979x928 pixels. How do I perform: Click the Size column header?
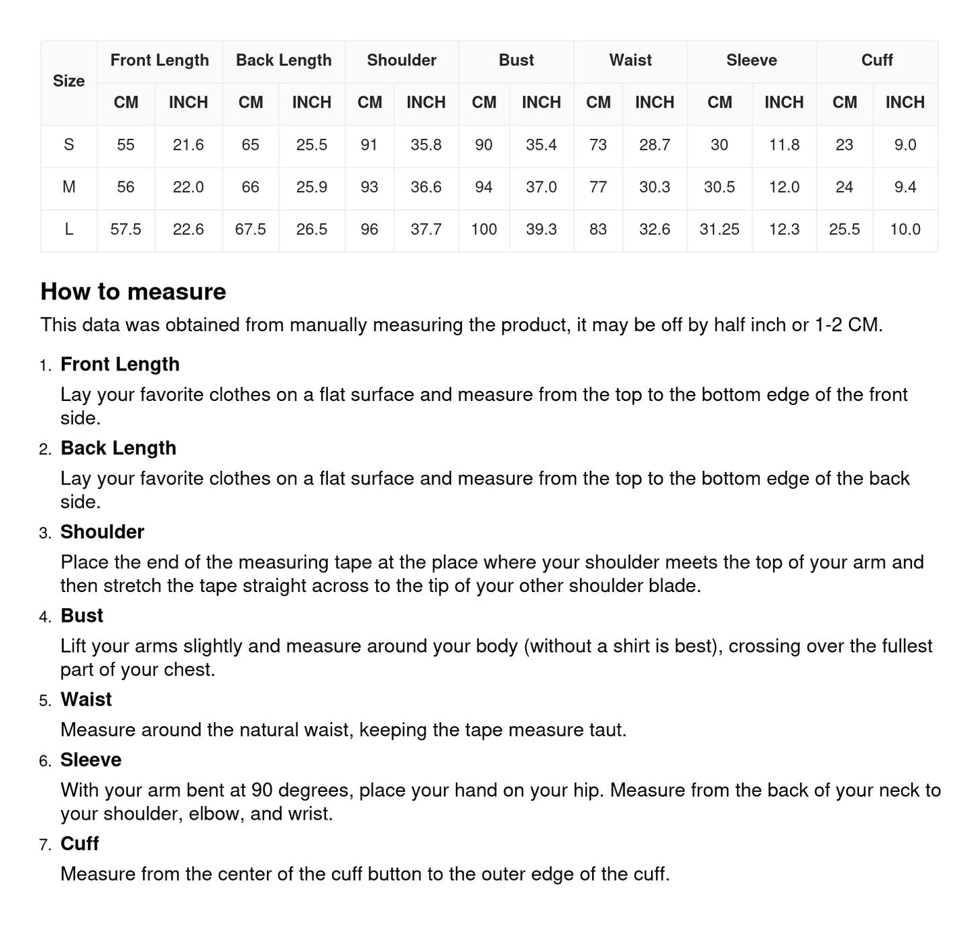click(68, 81)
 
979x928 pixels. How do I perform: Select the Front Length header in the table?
click(159, 60)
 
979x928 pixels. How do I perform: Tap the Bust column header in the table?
click(516, 60)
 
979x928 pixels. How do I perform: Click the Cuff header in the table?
click(877, 60)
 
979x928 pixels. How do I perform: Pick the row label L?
click(68, 230)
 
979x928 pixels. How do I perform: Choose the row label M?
click(68, 187)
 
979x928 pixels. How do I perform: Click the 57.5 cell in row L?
click(125, 230)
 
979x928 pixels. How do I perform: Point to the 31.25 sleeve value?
click(719, 230)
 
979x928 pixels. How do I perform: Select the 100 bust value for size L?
click(484, 230)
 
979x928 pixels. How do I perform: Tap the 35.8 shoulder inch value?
click(425, 145)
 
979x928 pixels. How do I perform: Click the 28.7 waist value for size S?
click(654, 145)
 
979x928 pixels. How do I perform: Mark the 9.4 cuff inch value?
click(904, 187)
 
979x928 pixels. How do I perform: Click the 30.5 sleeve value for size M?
click(719, 187)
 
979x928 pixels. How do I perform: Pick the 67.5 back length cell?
click(250, 230)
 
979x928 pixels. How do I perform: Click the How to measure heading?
click(133, 292)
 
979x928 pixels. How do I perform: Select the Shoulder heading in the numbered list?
click(102, 532)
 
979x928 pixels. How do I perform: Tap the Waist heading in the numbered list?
click(86, 700)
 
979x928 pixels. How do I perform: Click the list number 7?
click(45, 845)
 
